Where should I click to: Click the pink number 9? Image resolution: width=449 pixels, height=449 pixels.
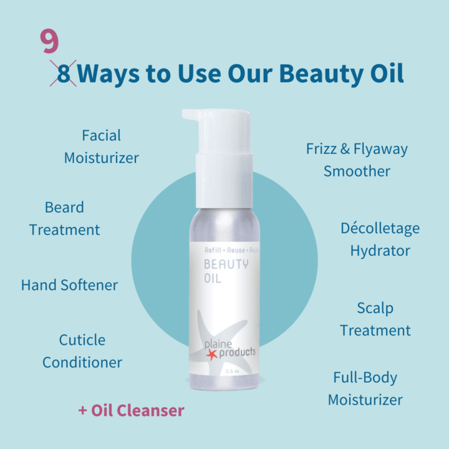point(49,41)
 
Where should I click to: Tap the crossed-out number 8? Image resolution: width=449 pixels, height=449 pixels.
point(64,74)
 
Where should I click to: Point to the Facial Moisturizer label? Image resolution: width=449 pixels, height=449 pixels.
point(101,147)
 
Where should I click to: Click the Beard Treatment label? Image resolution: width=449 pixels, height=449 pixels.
point(64,218)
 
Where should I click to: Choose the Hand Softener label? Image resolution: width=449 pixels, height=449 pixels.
point(69,285)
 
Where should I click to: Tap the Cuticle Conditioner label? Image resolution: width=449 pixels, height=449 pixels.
point(82,351)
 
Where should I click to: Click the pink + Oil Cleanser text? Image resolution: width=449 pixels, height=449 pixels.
point(131,410)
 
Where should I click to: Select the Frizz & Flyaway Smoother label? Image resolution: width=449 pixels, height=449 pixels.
point(357,160)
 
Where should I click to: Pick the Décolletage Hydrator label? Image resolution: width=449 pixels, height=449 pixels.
point(380,239)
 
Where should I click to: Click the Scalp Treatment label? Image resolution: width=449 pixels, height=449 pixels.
point(375,319)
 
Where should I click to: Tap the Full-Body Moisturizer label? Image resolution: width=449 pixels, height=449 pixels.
point(365,389)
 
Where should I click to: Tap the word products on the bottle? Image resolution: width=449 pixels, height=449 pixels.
point(236,352)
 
